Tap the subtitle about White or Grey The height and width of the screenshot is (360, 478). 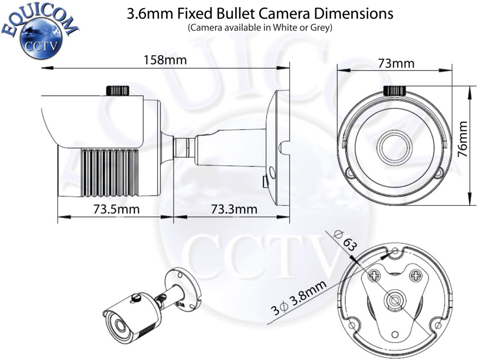[x=260, y=28]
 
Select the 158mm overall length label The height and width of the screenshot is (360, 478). [x=165, y=60]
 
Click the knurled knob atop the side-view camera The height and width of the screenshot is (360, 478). [x=117, y=90]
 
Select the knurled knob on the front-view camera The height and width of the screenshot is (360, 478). [x=395, y=90]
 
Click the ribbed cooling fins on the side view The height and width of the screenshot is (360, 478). [x=109, y=172]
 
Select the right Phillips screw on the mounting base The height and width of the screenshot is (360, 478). [x=416, y=275]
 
